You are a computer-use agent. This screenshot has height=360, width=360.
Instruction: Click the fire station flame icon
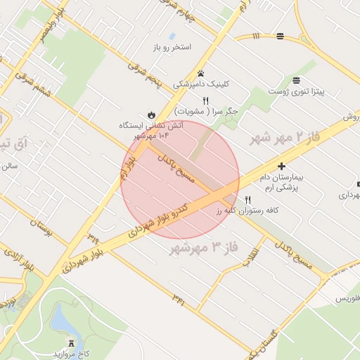[x=150, y=114]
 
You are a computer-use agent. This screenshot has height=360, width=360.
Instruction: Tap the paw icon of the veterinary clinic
[x=201, y=72]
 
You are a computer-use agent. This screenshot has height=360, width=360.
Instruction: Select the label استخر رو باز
[x=172, y=47]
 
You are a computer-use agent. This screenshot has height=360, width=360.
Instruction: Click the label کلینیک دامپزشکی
[x=202, y=84]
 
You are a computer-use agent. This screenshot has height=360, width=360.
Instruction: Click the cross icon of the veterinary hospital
[x=282, y=167]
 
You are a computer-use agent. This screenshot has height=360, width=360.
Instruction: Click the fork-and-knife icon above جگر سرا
[x=206, y=100]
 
